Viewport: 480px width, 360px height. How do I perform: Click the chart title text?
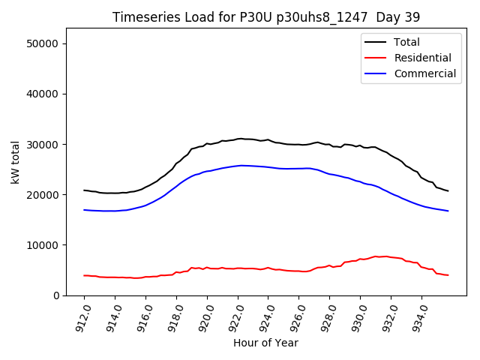point(266,16)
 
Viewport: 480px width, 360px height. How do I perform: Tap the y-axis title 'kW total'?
point(15,161)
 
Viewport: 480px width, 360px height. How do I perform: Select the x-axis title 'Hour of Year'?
point(265,343)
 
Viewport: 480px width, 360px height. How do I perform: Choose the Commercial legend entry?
point(424,73)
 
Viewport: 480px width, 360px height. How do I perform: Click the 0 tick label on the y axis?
point(57,295)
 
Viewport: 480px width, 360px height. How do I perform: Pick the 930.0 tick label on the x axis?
point(358,316)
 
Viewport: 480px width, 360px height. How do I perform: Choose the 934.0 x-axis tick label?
point(419,316)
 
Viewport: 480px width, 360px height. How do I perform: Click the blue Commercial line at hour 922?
point(238,166)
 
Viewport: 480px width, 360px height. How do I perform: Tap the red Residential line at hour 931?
point(376,256)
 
